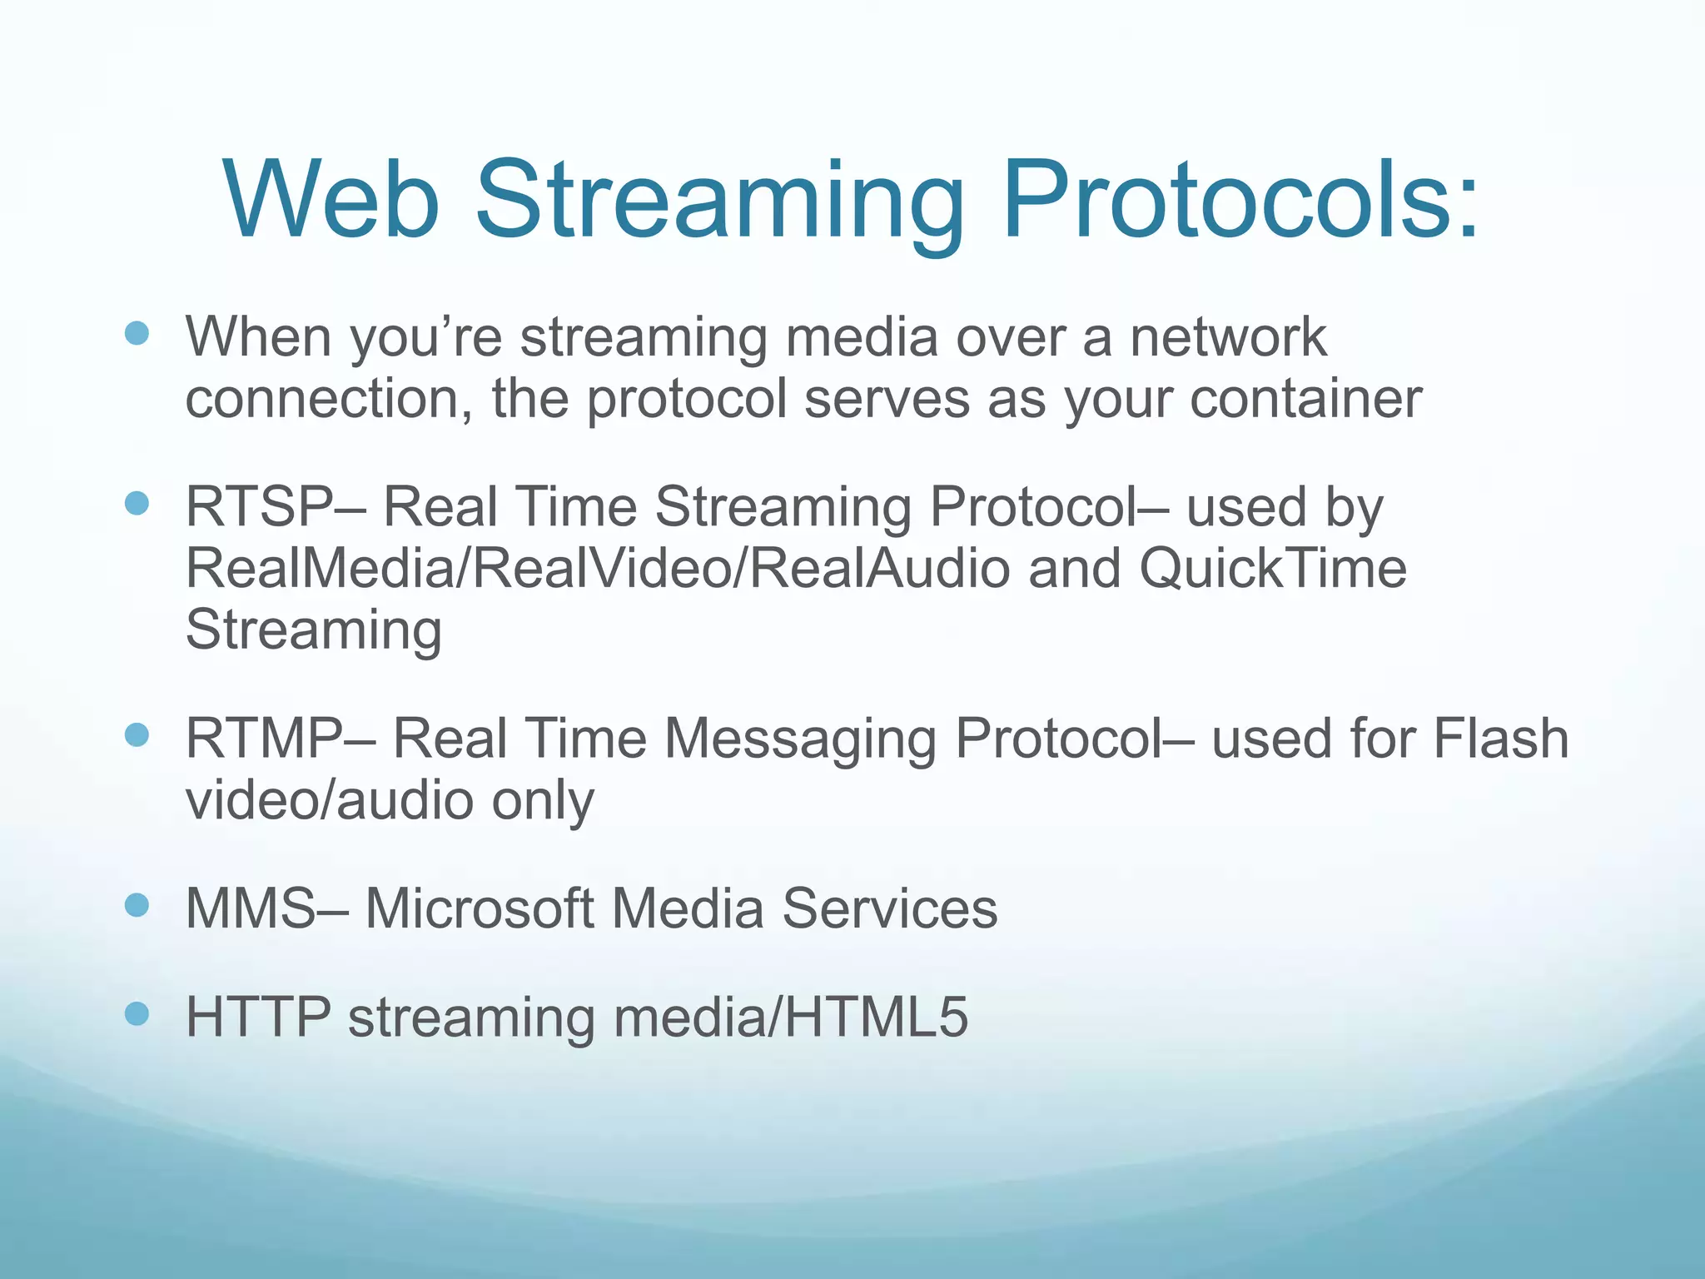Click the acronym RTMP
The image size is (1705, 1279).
263,739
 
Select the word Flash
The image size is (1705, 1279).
1500,739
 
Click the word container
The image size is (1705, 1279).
1305,399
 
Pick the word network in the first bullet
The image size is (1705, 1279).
1228,337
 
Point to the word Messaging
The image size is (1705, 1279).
800,740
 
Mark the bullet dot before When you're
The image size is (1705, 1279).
137,334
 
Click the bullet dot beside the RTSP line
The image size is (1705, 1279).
137,504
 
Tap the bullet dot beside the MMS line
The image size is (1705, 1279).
137,905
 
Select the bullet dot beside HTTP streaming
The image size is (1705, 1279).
137,1013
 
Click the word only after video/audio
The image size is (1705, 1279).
543,801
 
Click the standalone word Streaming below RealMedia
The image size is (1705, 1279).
313,630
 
